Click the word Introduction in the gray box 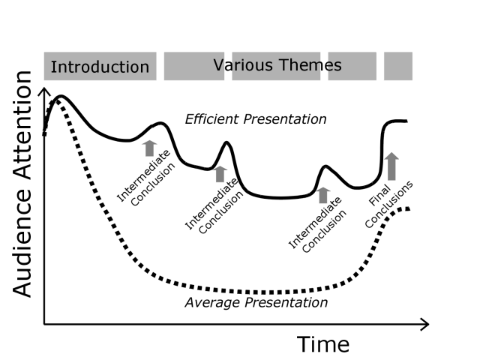[100, 67]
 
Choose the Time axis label [323, 344]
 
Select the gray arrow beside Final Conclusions [391, 166]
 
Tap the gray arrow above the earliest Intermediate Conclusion [148, 147]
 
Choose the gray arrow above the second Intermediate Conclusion [220, 173]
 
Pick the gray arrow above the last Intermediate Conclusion [322, 195]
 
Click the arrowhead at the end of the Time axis [424, 325]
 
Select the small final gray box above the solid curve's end [398, 66]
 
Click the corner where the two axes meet [44, 325]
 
